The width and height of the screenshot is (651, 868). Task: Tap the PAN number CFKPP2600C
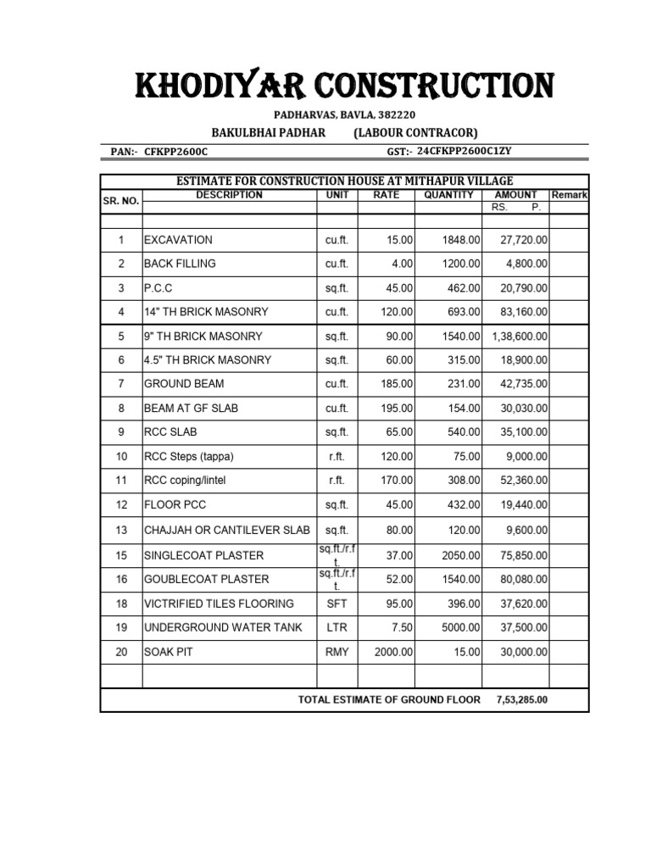pos(175,152)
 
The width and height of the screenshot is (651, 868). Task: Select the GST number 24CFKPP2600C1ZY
pos(465,151)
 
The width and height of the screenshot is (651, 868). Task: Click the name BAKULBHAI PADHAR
pos(257,133)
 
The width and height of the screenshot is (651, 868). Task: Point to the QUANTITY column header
pos(449,195)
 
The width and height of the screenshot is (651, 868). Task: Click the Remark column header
pos(569,195)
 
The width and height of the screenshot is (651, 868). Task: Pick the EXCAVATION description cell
pos(178,240)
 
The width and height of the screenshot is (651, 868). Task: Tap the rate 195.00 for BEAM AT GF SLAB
pos(397,409)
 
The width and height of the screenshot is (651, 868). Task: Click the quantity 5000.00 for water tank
pos(461,628)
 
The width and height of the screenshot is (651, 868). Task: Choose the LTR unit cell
pos(337,628)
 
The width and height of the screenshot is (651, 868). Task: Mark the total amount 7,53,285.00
pos(521,700)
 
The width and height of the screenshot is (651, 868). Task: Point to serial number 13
pos(121,530)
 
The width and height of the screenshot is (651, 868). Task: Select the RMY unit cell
pos(337,652)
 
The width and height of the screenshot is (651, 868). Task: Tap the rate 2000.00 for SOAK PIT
pos(393,652)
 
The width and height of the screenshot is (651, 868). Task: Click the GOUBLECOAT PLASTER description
pos(206,579)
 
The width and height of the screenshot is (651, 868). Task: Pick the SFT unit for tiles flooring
pos(337,604)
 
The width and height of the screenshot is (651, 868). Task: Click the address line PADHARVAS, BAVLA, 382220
pos(343,115)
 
